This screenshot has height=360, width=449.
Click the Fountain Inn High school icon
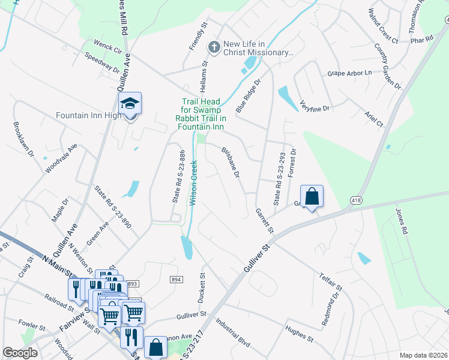point(130,104)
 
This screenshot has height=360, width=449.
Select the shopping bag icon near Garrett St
point(312,197)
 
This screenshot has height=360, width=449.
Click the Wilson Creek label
point(194,183)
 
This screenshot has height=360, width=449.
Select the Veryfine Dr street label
point(315,106)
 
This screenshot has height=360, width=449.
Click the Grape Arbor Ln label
point(350,73)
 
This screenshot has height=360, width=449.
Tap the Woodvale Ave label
point(62,158)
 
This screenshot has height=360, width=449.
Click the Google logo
point(20,353)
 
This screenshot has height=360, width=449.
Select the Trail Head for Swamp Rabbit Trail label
point(203,114)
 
